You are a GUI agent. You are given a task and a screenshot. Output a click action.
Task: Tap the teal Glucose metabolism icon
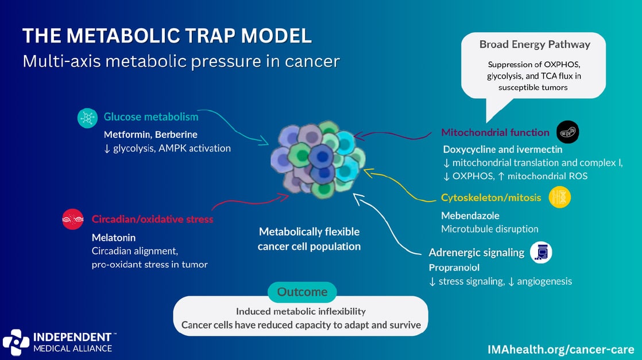88,118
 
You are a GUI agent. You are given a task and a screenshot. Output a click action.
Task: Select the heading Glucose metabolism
151,117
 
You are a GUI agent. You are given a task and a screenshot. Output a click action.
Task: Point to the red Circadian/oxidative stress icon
72,219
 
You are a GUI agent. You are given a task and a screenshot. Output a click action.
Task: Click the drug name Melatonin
114,237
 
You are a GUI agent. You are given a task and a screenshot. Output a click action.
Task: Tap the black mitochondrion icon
567,132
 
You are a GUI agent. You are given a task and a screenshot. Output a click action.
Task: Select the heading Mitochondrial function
495,133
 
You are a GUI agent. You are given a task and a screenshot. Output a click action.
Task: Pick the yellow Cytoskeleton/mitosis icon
560,198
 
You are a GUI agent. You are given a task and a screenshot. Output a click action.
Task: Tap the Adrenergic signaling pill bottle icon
540,252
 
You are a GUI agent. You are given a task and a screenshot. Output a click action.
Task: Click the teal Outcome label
302,292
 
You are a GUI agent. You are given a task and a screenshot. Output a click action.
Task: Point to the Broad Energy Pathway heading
535,44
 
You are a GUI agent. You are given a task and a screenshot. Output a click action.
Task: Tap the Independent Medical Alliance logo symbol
16,342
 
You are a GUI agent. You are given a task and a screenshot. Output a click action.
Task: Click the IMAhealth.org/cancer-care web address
560,349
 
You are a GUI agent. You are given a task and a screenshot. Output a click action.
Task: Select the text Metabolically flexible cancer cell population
309,239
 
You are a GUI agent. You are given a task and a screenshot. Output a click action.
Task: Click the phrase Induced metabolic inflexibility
301,311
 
